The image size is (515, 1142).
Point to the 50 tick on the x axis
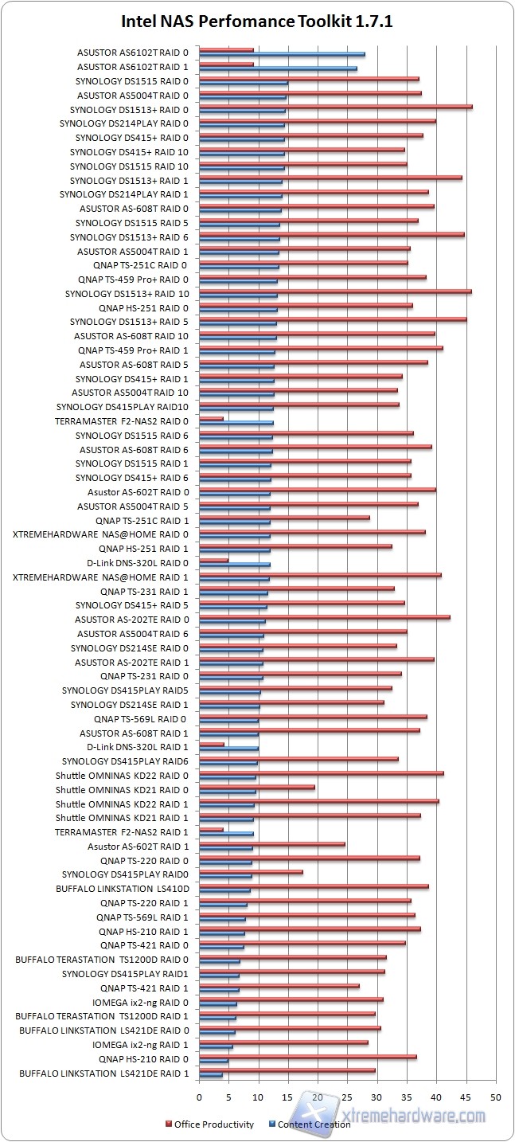tap(496, 1097)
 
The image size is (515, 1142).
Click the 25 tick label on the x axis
tap(347, 1097)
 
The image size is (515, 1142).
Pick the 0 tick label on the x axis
tap(199, 1097)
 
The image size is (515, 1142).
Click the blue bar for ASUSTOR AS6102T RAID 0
tap(282, 54)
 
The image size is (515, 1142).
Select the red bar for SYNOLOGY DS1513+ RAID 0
tap(335, 107)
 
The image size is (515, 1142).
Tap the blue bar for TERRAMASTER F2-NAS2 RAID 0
tap(236, 423)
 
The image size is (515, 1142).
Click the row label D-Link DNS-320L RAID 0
tap(138, 562)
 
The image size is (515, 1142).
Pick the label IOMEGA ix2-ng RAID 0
tap(141, 1002)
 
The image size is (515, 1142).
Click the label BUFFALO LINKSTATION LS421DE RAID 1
tap(104, 1073)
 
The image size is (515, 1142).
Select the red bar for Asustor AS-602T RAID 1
tap(271, 843)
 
